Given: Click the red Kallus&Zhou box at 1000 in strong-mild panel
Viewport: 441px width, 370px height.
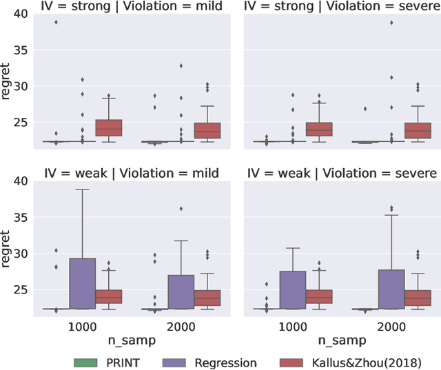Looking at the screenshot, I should tap(108, 127).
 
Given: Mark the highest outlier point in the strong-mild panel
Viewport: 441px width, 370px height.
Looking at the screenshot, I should tap(55, 22).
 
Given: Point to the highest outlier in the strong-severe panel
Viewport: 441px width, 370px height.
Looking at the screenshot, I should tap(391, 22).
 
